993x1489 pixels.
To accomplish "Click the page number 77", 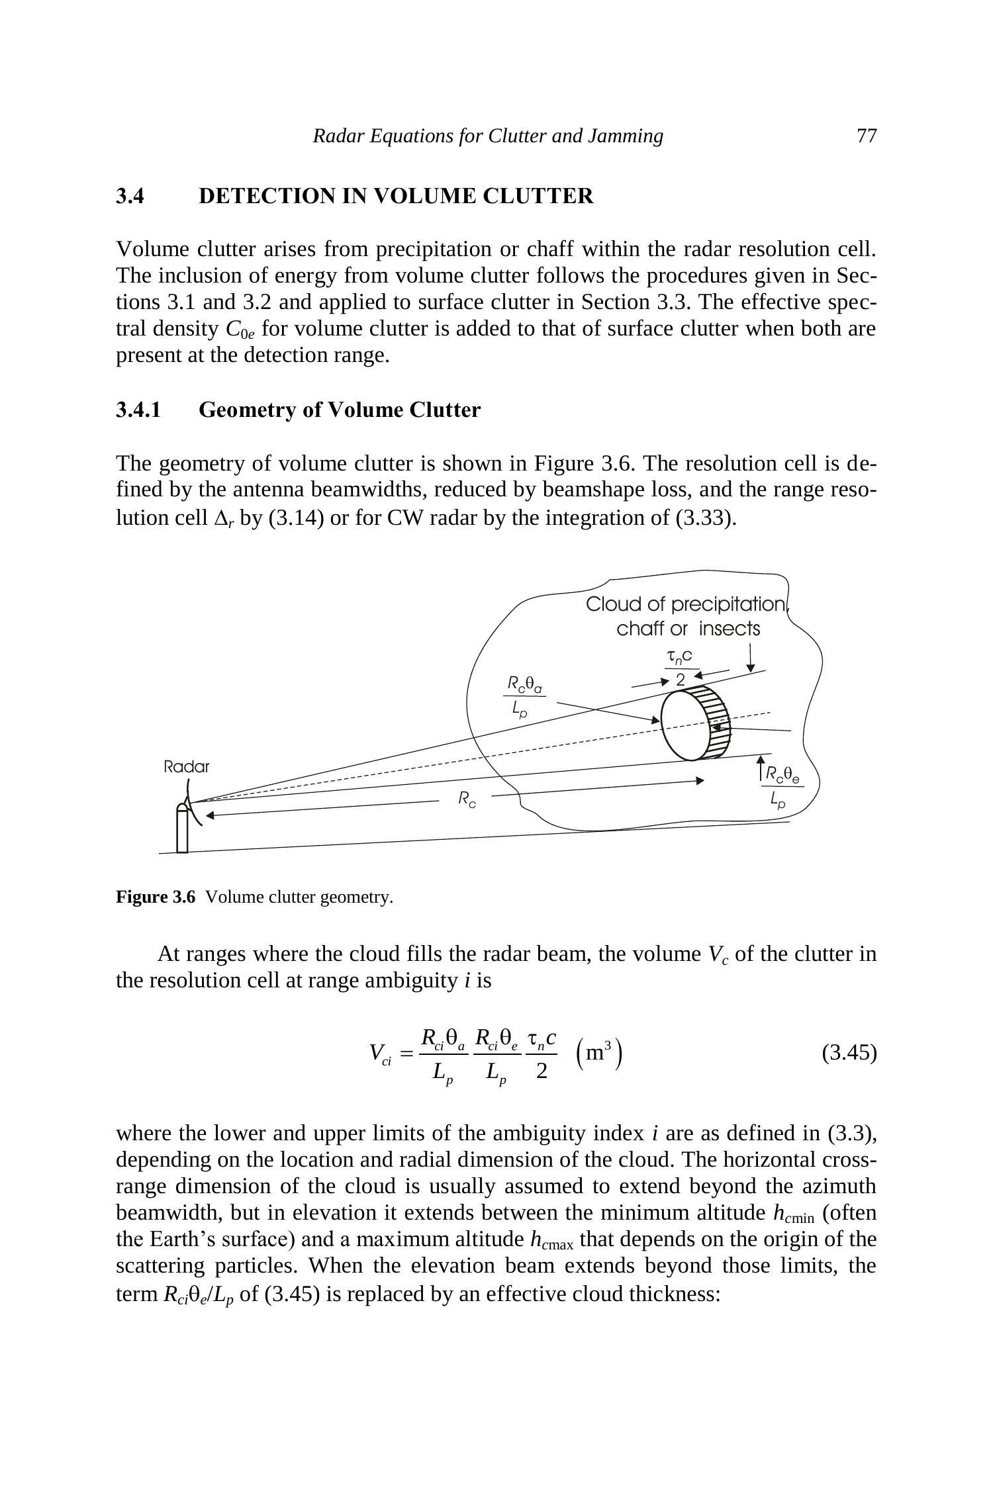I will coord(866,136).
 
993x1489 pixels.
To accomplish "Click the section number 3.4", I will coord(130,196).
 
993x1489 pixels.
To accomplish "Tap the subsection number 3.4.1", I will coord(138,410).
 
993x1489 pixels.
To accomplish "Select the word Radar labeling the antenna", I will coord(186,767).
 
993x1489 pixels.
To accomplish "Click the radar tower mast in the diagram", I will coord(182,831).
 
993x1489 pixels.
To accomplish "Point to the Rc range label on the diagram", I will coord(467,799).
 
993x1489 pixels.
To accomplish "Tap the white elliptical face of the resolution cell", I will coord(685,726).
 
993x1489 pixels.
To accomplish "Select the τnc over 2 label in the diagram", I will coord(680,667).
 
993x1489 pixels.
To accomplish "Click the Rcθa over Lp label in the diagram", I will coord(524,695).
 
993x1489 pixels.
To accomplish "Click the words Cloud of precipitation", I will coord(685,604).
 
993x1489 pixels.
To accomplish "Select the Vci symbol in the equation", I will coord(380,1054).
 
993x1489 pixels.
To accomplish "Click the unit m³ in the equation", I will coord(598,1052).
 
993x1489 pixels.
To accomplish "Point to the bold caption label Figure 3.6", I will coord(156,897).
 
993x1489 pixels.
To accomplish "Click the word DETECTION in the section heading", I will coord(266,196).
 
